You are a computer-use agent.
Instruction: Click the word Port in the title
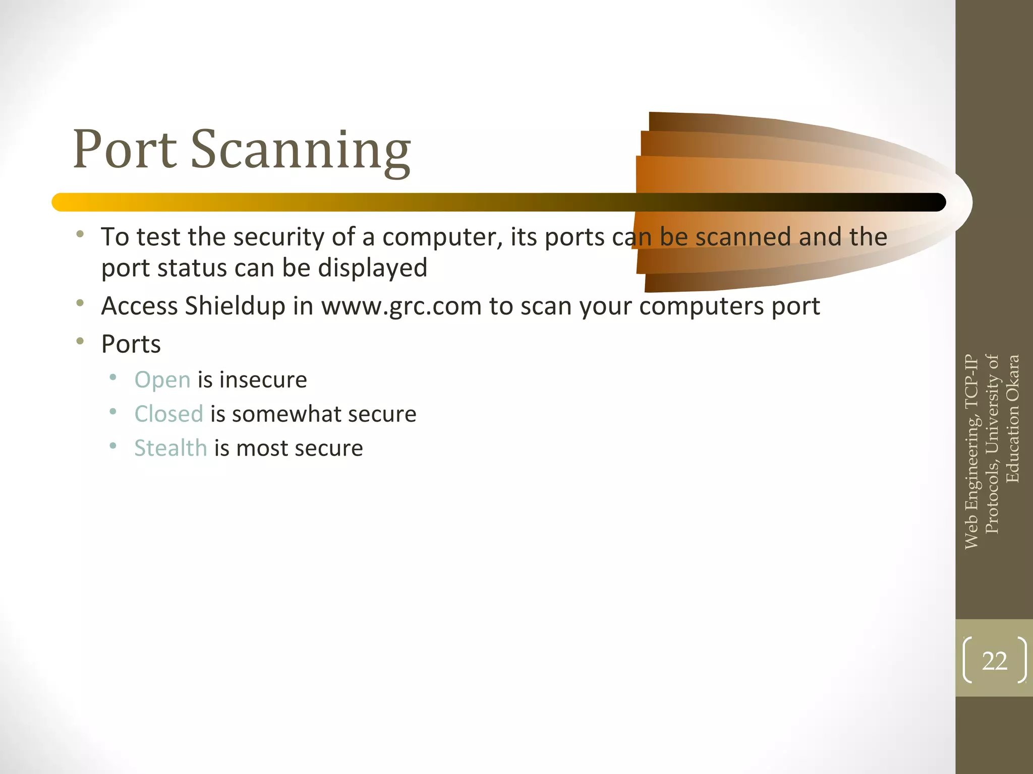tap(125, 150)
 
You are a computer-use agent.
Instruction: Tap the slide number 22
tap(994, 661)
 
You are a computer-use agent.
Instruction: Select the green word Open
tap(162, 380)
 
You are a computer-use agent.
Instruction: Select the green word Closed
tap(168, 414)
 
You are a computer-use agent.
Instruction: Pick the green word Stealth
tap(170, 448)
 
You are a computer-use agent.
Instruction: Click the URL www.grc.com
tap(401, 306)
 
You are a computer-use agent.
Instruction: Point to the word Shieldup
tap(235, 306)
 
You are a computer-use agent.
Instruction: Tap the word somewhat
tap(286, 414)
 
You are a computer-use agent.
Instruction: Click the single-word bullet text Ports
tap(131, 345)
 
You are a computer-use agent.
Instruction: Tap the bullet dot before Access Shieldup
tap(80, 303)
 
